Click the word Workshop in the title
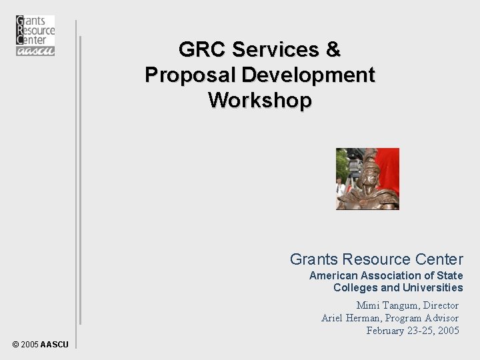click(x=259, y=100)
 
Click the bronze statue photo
click(x=367, y=179)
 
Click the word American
click(x=333, y=275)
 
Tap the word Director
click(x=439, y=305)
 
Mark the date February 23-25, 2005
click(x=413, y=330)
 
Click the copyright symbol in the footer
click(x=15, y=345)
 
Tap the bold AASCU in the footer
click(x=53, y=345)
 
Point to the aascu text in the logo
click(x=35, y=50)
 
